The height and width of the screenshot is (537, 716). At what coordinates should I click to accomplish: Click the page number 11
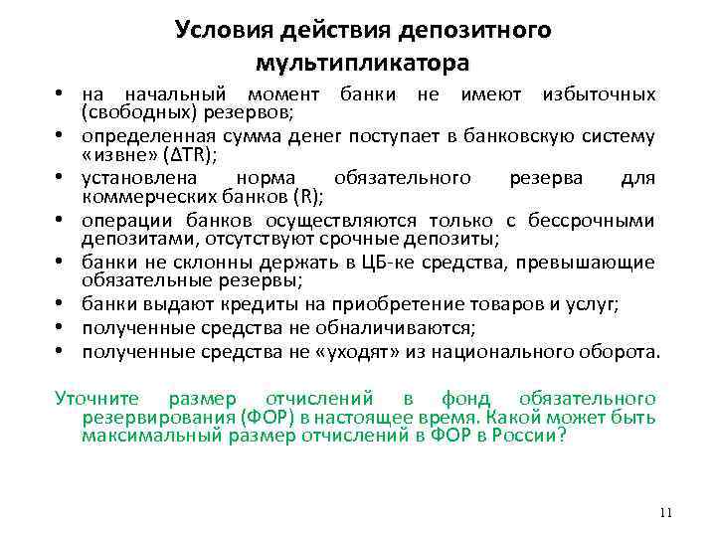(x=666, y=513)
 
